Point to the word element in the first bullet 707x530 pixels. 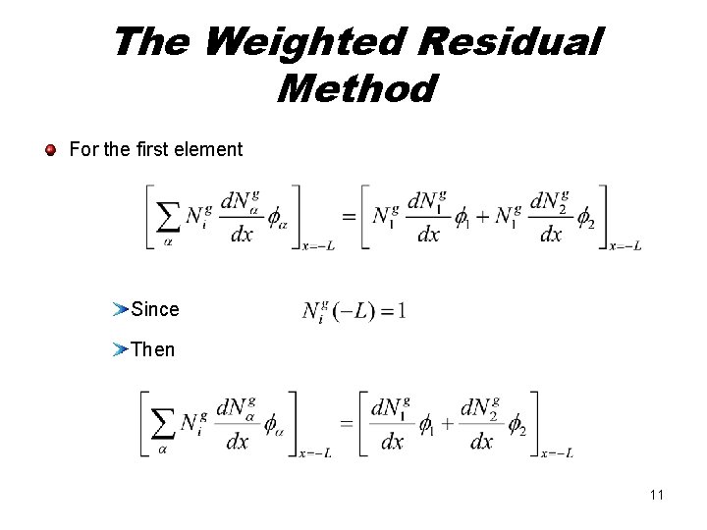pos(209,150)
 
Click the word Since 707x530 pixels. pos(155,309)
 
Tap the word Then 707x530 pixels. pos(152,348)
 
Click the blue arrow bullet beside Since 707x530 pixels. pos(120,309)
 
